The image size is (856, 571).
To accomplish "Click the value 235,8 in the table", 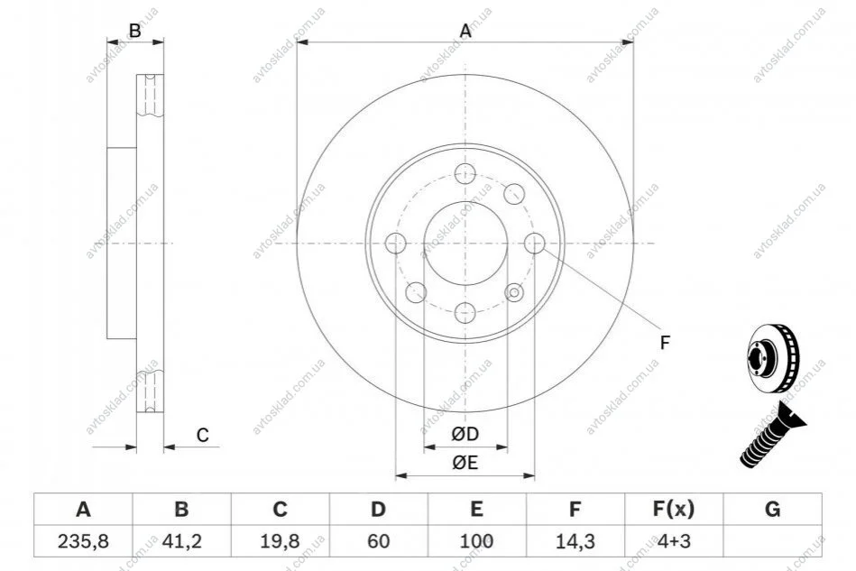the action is (x=83, y=541).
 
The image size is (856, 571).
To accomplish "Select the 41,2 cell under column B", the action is (x=182, y=541).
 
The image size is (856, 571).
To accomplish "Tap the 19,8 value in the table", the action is (x=280, y=541).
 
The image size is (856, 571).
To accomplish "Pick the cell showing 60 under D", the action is (x=378, y=541).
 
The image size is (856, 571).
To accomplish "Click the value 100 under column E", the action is (x=476, y=541).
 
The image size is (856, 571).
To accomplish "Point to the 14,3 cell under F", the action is (x=575, y=541).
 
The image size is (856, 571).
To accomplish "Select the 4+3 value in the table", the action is (x=674, y=541).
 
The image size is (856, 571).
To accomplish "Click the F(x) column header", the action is (x=674, y=510).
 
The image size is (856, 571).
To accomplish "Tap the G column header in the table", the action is (x=772, y=510).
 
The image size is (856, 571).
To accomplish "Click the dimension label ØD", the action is (x=465, y=434).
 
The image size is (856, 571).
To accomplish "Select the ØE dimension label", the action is (x=465, y=463).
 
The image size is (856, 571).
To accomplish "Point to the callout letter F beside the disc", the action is (x=665, y=343).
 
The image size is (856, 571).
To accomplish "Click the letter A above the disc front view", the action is (x=465, y=31).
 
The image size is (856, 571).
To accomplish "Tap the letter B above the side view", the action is (x=134, y=31).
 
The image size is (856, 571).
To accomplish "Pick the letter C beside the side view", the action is (x=203, y=435).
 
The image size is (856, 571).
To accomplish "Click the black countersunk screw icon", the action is (x=772, y=434).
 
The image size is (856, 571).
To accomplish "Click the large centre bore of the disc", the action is (x=465, y=244).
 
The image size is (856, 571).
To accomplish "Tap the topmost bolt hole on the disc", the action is (x=465, y=174).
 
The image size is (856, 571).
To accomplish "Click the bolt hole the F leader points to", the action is (x=535, y=244).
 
